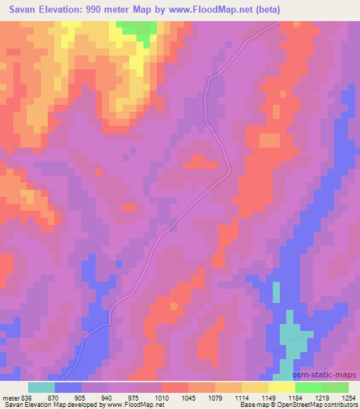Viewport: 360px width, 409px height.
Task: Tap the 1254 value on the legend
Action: [348, 397]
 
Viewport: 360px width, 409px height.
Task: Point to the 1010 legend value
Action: [162, 397]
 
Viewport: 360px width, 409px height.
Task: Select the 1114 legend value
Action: [242, 397]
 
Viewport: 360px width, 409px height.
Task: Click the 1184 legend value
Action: [295, 397]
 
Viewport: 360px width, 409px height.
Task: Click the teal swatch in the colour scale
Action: [41, 387]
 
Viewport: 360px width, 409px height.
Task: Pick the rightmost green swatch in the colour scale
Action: [335, 387]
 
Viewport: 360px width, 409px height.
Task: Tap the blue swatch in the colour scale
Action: [68, 387]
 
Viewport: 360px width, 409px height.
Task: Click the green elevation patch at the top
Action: [138, 29]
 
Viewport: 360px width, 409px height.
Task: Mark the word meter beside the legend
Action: [11, 397]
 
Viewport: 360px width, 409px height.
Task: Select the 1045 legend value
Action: [188, 397]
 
